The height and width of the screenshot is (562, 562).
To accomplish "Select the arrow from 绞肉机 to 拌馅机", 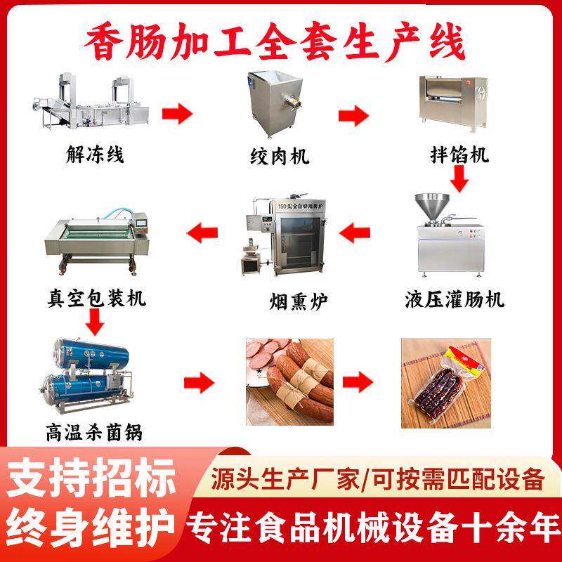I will click(355, 112).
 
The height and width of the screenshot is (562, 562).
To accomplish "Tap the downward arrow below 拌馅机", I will click(460, 181).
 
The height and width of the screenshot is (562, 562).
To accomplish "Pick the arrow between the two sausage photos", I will click(358, 383).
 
